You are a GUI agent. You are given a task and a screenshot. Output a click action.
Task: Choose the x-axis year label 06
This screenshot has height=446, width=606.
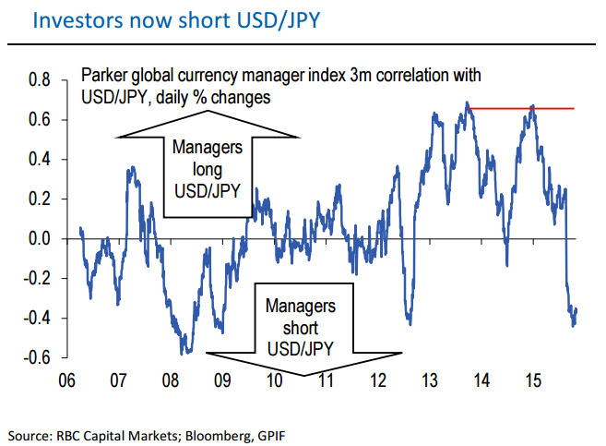(x=66, y=380)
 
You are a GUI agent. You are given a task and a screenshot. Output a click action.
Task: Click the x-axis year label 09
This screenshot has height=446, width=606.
(x=221, y=380)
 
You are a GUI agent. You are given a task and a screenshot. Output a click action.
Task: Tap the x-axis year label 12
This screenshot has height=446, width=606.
(x=377, y=380)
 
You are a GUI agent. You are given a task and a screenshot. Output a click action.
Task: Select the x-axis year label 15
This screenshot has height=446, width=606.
(x=532, y=380)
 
